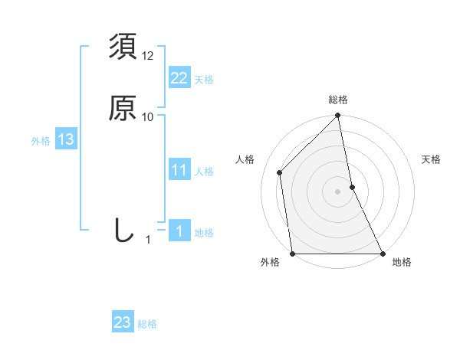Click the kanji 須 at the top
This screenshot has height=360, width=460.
123,47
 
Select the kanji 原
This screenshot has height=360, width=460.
123,108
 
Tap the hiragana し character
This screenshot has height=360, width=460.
123,230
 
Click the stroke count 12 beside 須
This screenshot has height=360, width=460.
148,56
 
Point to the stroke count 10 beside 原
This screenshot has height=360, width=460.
148,116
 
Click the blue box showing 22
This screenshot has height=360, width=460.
179,79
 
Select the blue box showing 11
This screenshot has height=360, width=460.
179,170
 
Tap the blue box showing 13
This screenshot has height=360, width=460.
65,139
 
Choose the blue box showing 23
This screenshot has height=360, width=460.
123,322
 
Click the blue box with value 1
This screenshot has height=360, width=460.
179,231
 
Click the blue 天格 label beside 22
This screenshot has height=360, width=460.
204,80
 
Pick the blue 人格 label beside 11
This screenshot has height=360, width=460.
204,171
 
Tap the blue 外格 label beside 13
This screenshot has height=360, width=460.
41,140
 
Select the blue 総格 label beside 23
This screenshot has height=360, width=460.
147,323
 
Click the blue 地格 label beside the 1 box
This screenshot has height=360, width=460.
204,232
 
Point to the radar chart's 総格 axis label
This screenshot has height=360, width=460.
337,100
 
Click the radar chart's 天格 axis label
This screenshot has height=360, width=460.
432,159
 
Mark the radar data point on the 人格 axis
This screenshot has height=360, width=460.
280,172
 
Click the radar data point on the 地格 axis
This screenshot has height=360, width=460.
382,253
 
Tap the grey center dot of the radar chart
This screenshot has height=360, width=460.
337,191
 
